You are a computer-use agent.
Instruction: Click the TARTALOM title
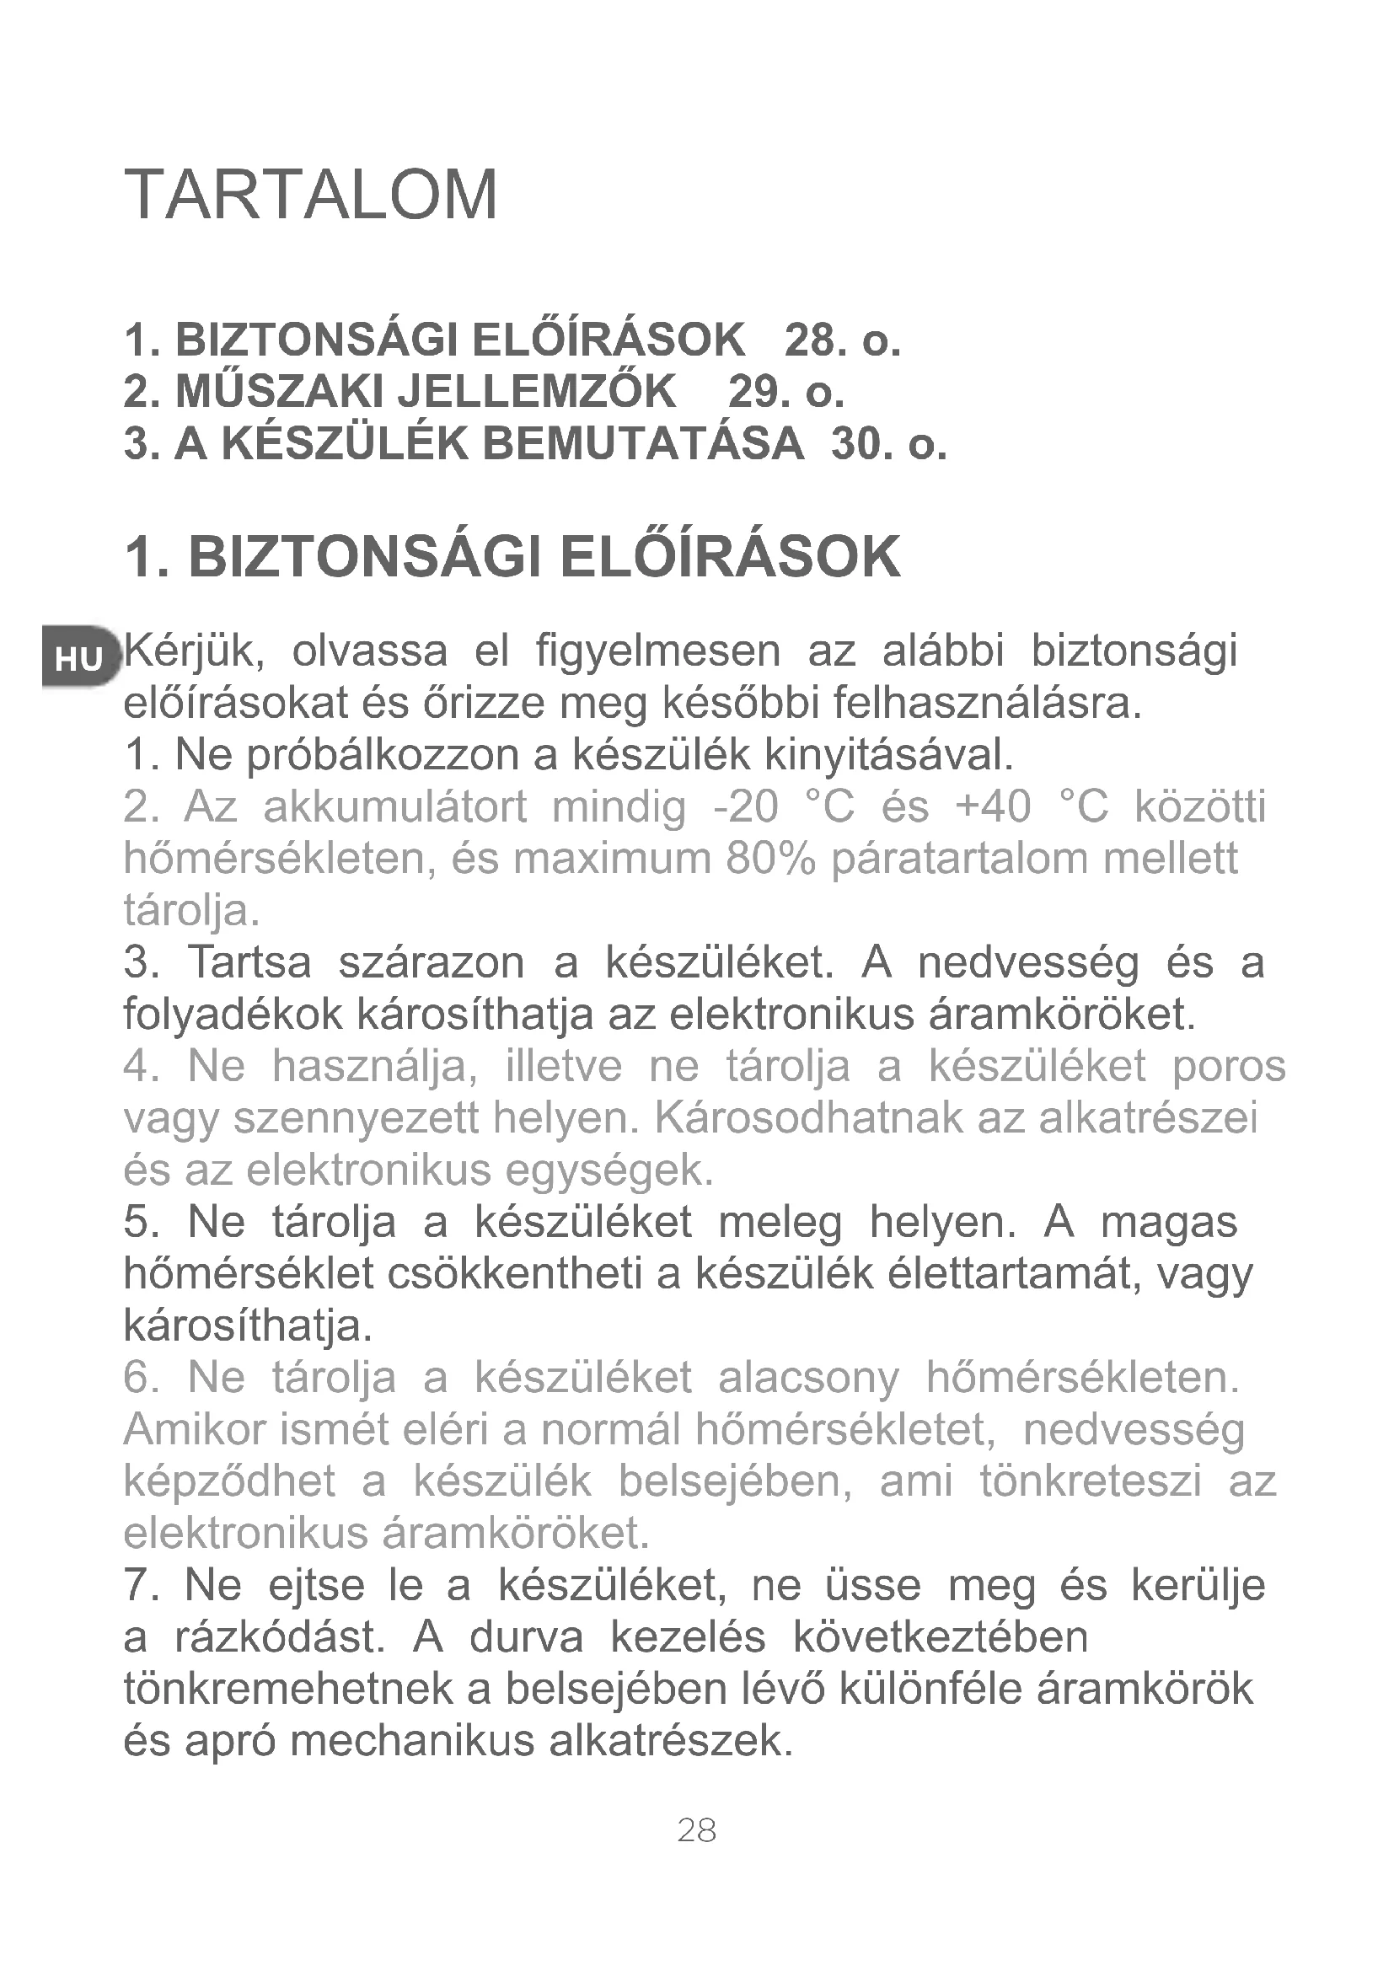pos(311,195)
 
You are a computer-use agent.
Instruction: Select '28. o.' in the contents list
pos(842,340)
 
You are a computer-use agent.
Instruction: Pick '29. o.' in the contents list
pos(785,392)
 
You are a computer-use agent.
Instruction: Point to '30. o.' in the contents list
pos(888,444)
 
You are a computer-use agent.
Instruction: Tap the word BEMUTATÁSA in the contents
pos(643,444)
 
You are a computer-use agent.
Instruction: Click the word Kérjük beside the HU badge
pos(193,652)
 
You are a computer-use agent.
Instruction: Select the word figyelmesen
pos(657,652)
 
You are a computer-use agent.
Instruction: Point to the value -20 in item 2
pos(746,807)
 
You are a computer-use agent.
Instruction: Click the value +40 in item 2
pos(992,807)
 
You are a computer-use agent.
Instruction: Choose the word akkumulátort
pos(394,807)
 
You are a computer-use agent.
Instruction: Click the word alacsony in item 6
pos(808,1378)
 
